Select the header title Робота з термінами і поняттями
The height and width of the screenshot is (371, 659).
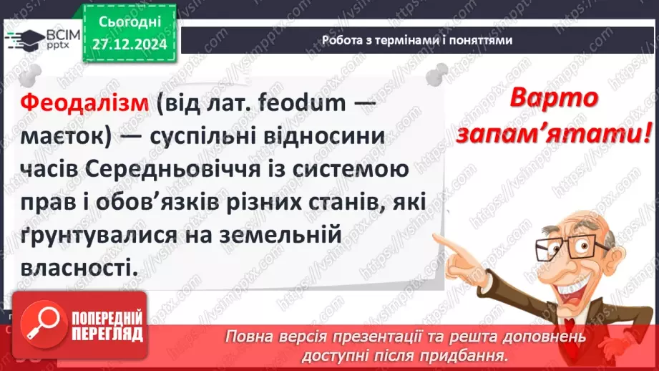point(417,40)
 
